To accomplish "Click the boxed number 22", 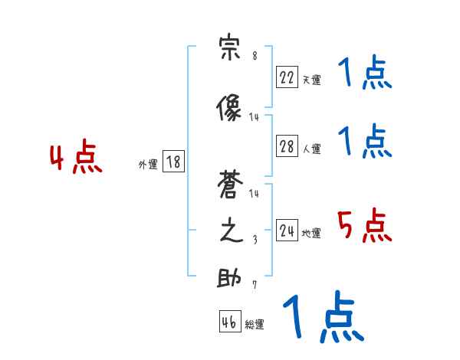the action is coord(287,77).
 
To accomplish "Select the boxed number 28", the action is coord(287,147).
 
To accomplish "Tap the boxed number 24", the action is coord(287,231).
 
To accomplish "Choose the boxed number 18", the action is coord(173,162).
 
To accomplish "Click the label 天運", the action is coord(311,80).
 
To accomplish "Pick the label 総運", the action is coord(255,325).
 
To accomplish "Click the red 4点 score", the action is coord(76,159).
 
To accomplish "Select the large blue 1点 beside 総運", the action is coord(322,318).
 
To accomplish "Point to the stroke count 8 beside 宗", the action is coord(255,56).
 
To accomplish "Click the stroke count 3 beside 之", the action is coord(255,240).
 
